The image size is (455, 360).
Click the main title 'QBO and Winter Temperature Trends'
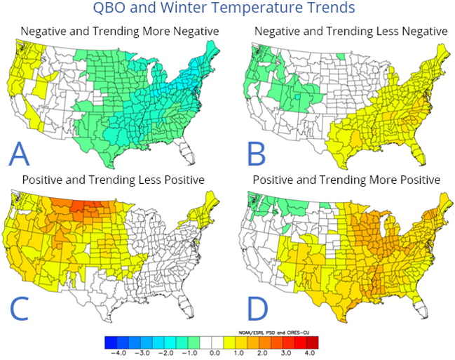click(228, 9)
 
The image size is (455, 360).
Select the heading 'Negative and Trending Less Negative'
click(350, 32)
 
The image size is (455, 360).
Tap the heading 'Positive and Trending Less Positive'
click(113, 180)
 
